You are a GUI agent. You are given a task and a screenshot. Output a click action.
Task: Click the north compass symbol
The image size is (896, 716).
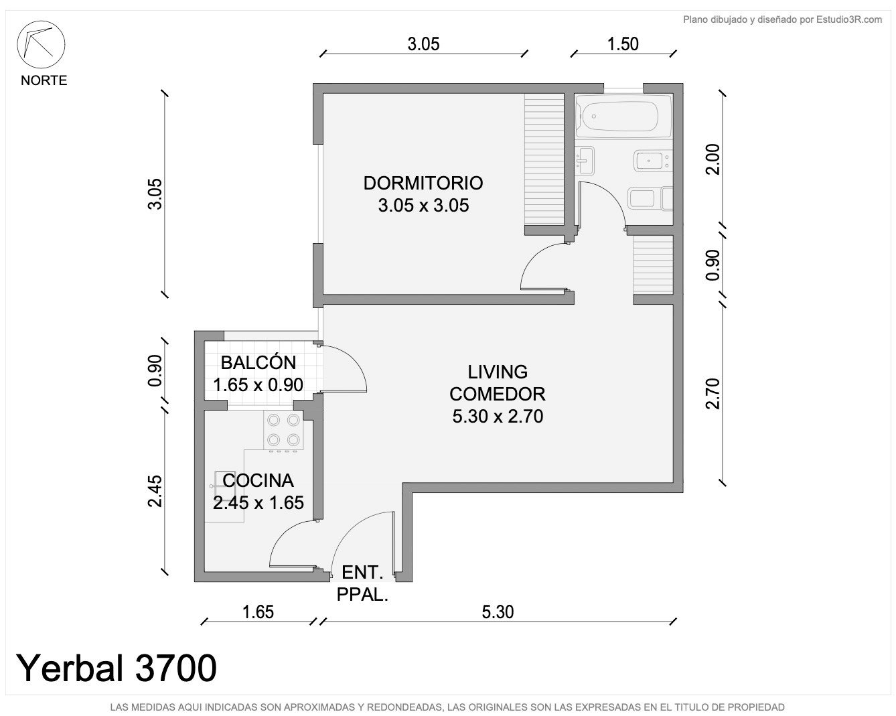pos(41,44)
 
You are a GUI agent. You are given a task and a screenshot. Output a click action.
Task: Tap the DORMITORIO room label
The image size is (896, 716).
pos(423,183)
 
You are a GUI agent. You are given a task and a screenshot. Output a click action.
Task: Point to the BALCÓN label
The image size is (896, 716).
pos(258,362)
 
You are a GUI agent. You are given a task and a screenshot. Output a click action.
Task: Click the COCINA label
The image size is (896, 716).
pos(258,480)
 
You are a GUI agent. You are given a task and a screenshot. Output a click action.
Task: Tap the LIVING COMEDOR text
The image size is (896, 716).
pos(498,383)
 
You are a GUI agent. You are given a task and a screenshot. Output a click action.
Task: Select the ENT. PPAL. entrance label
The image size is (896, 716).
pos(362,583)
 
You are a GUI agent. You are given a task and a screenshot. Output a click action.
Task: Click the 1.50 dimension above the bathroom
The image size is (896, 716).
pos(623,44)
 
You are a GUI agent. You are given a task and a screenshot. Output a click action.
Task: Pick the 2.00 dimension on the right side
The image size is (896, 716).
pos(713,159)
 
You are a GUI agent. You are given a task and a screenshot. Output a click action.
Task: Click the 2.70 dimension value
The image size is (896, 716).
pos(713,394)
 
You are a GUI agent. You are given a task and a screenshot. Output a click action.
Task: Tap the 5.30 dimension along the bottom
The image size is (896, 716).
pos(498,612)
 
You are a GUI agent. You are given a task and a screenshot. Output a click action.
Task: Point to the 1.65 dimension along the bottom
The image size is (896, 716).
pos(258,612)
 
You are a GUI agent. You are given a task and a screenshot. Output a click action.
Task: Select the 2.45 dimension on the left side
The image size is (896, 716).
pos(155,491)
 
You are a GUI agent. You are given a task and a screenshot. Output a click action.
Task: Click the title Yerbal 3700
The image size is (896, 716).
pos(116,668)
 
